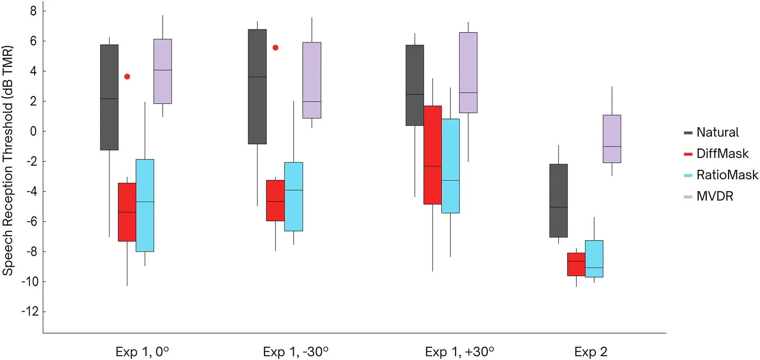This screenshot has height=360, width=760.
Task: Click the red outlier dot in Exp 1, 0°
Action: pos(127,76)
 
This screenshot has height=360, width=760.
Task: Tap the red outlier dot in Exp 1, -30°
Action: pos(275,48)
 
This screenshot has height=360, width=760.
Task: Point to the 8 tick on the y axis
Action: pos(33,11)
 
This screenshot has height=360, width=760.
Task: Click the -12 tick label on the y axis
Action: pos(30,312)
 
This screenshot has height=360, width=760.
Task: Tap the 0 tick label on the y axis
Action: pos(33,131)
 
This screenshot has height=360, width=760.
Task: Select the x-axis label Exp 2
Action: pos(591,352)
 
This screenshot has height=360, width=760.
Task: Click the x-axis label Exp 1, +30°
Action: pos(459,352)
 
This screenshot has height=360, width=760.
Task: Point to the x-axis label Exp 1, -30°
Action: pos(295,352)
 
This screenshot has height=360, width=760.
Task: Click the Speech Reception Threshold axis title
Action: pos(8,161)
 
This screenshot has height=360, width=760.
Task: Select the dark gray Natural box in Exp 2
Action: pos(558,201)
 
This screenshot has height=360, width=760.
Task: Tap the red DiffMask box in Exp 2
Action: pos(576,264)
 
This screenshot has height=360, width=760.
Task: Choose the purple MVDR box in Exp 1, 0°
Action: pos(162,71)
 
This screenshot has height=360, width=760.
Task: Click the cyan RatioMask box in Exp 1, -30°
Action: pos(294,197)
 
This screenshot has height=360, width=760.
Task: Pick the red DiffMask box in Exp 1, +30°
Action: pos(433,155)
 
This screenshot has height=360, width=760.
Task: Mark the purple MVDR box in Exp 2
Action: pos(611,139)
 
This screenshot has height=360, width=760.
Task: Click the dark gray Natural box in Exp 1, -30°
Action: pos(257,86)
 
